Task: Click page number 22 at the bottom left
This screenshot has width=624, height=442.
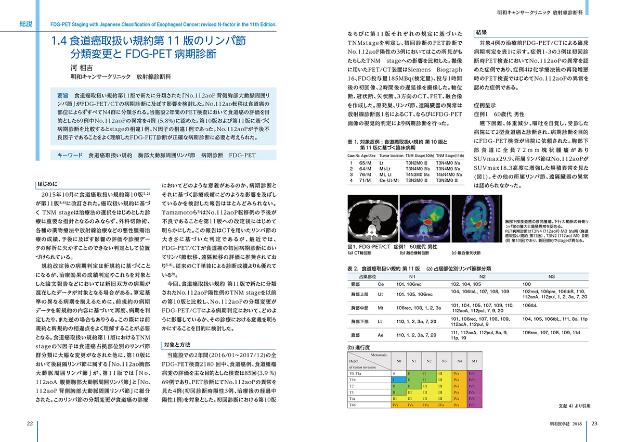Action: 30,423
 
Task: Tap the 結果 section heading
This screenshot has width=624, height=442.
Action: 482,32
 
